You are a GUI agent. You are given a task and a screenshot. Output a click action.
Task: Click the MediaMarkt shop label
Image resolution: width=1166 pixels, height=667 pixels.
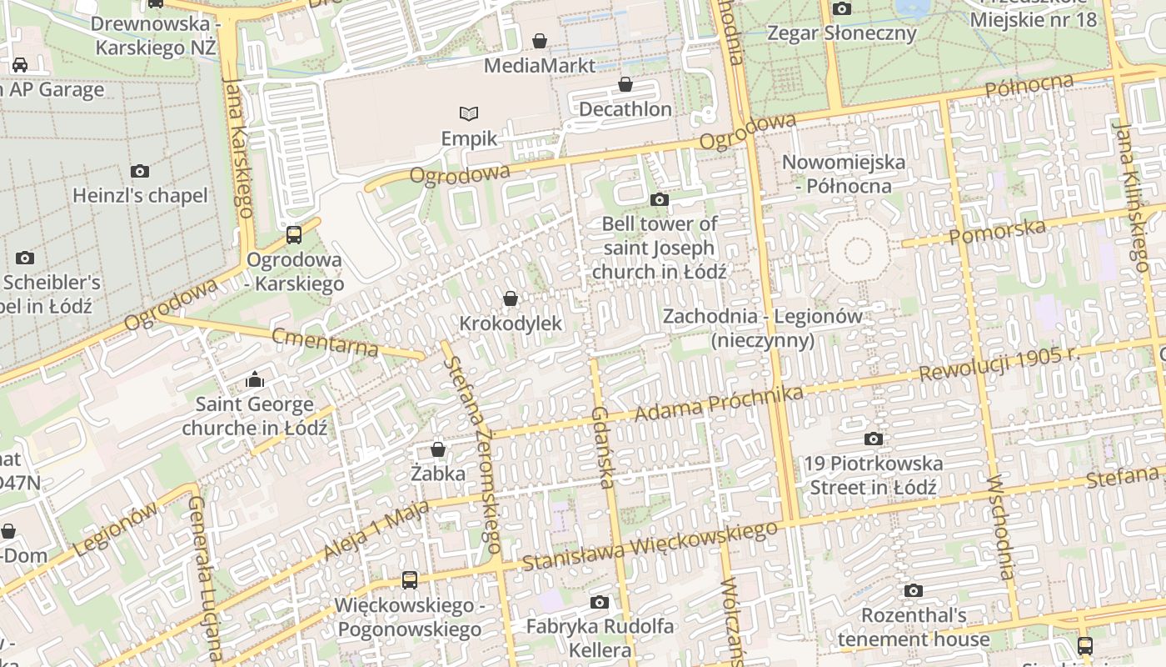pos(540,65)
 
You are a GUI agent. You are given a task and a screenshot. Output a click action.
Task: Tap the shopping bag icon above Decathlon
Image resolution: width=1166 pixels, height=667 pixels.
pos(625,84)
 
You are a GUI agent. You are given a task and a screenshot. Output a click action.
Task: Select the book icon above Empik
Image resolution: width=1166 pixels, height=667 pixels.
pos(469,113)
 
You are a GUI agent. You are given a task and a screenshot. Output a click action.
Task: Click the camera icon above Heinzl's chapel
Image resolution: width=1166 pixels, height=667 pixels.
pos(140,171)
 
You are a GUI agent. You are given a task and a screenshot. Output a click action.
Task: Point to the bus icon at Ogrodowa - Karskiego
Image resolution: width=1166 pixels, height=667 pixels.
pos(294,235)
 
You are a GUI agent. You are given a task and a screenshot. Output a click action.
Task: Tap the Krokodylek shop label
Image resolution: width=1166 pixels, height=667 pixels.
pos(511,323)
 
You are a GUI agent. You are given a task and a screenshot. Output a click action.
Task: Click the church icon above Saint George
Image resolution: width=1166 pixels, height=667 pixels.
pos(255,381)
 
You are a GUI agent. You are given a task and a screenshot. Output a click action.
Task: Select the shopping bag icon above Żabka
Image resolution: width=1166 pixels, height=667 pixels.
pos(438,449)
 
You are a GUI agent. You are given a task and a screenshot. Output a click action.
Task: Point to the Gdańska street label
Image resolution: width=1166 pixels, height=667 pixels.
pos(603,446)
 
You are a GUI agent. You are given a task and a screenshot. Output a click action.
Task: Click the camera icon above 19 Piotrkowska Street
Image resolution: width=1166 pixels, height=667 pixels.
pos(874,439)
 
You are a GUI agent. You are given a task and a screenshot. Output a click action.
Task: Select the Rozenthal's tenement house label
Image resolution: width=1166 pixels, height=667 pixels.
pos(914,628)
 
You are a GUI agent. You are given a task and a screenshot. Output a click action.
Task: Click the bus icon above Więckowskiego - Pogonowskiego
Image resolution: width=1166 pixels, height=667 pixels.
pos(409,579)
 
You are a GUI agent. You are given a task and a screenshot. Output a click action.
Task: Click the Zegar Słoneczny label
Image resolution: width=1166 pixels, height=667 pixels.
pos(841,33)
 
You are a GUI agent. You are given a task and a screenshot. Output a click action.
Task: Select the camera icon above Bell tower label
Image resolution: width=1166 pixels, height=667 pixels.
pos(659,199)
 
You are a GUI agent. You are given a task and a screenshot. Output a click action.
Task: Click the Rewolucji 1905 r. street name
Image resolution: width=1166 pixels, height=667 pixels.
pos(999,364)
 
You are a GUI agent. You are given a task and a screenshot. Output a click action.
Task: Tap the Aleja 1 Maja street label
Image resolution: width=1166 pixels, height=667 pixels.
pos(376,529)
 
